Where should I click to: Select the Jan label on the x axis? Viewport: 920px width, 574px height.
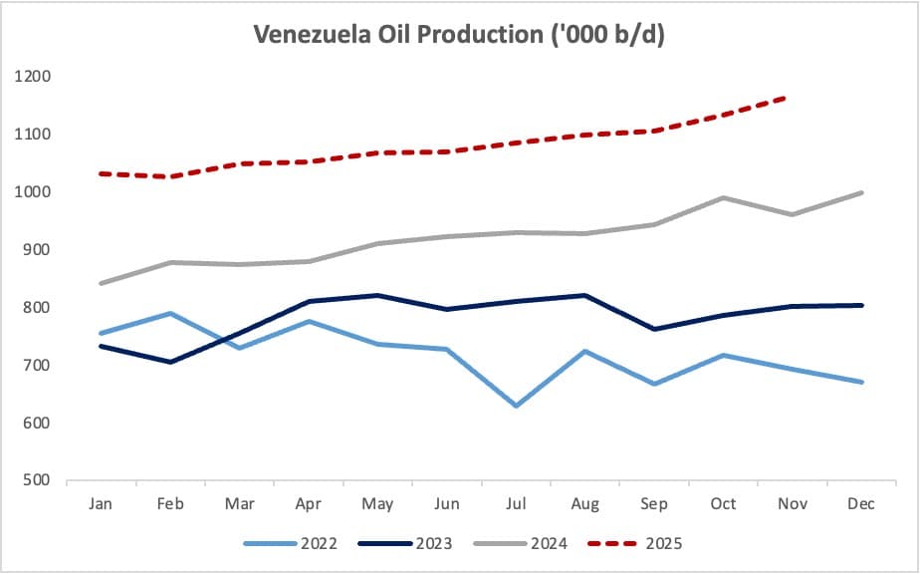[x=101, y=504]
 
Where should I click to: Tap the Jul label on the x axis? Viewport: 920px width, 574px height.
[x=516, y=504]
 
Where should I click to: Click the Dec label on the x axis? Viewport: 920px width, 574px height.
[x=861, y=504]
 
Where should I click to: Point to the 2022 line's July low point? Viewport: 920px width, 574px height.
[x=516, y=407]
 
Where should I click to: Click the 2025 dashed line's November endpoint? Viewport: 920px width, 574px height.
[x=793, y=96]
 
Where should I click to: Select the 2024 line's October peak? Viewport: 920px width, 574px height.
[x=724, y=197]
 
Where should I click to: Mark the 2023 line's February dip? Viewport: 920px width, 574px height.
[x=170, y=363]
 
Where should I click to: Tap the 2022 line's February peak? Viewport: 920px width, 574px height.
[x=170, y=313]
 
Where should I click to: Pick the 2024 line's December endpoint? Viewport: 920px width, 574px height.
[x=861, y=192]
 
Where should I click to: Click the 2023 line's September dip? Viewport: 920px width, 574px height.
[x=654, y=329]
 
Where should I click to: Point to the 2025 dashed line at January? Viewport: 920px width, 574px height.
[x=101, y=173]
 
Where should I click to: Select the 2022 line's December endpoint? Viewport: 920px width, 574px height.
[x=861, y=382]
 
